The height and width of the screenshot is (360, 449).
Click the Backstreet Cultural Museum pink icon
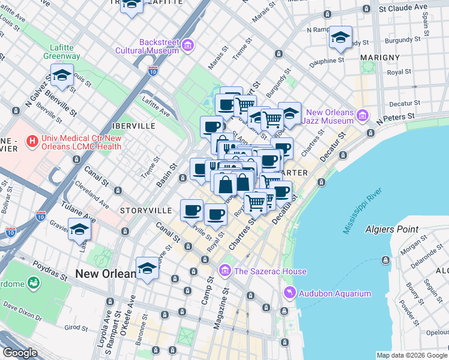188,46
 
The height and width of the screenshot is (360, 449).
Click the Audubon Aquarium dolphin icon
290,293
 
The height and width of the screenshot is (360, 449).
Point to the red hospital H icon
32,142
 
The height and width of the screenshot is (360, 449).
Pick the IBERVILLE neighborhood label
133,127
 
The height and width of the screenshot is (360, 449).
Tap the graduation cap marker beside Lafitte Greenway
62,76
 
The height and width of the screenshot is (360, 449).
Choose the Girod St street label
76,328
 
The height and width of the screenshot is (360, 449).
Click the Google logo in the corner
20,353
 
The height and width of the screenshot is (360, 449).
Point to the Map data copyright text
412,355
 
